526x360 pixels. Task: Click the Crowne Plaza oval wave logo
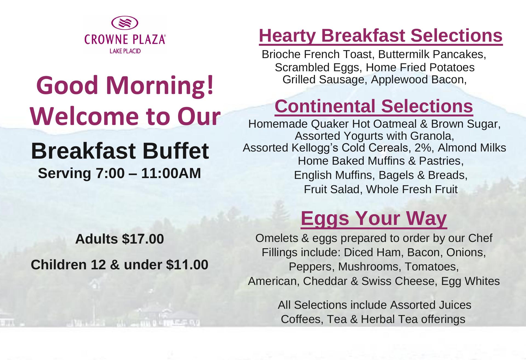125,23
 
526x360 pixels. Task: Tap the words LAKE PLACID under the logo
125,51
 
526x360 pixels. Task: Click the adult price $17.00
143,239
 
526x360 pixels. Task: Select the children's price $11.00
187,265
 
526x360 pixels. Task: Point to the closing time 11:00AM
171,173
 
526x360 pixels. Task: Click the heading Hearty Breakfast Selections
381,36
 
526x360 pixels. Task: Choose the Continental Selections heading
374,106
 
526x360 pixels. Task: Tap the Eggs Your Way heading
374,219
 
